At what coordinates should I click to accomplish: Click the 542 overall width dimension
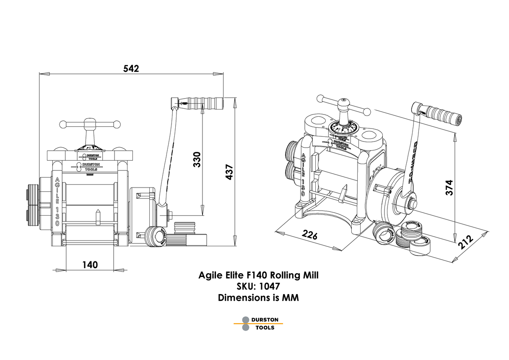tap(131, 68)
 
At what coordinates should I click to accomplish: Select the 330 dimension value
tap(197, 159)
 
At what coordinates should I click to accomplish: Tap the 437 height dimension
tap(229, 172)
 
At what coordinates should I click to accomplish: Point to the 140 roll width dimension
tap(90, 264)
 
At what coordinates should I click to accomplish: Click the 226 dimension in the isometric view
tap(309, 235)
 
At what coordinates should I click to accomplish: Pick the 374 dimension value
tap(449, 188)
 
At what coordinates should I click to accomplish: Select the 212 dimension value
tap(465, 242)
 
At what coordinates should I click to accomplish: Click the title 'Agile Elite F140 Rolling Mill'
tap(258, 276)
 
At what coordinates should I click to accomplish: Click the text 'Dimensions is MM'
tap(258, 298)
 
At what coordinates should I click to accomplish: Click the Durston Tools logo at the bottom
tap(258, 323)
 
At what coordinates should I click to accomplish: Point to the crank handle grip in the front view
tap(212, 102)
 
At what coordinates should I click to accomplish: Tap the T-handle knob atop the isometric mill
tap(344, 105)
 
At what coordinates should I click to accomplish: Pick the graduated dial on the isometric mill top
tap(343, 128)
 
